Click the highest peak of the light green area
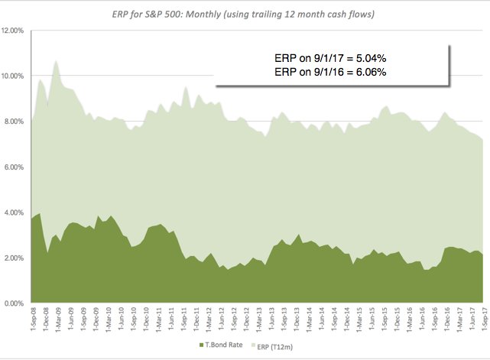click(56, 61)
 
